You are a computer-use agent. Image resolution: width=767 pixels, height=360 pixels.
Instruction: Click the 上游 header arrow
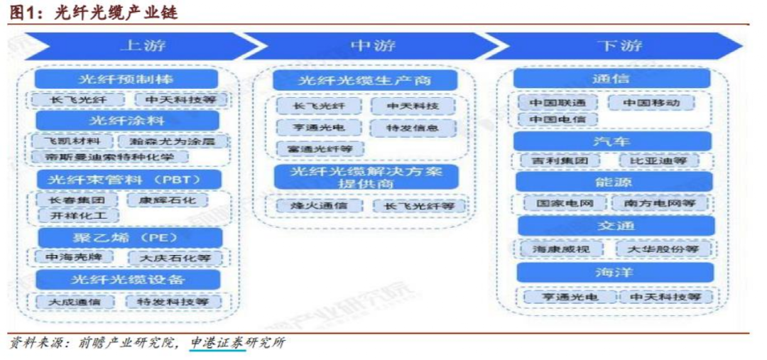coord(135,46)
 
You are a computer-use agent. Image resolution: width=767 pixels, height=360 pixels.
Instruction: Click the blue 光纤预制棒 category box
coord(126,79)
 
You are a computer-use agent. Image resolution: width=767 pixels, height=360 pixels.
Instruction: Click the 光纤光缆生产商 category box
coord(364,80)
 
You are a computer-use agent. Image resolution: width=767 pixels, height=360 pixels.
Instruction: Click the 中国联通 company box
coord(557,102)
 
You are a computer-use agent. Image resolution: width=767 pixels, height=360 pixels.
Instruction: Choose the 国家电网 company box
coord(558,203)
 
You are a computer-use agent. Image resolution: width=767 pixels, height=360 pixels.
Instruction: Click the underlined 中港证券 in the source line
coord(217,343)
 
